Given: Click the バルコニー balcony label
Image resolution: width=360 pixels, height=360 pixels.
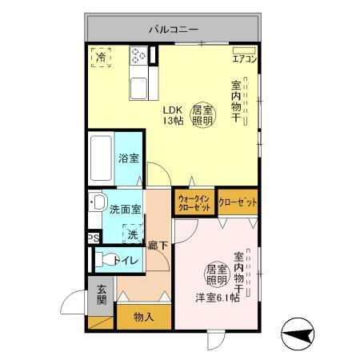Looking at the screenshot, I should click(172, 30).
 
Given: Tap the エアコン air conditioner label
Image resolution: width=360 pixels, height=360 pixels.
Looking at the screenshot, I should click(243, 58).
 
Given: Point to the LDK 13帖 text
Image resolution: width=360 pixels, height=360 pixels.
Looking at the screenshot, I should click(173, 115).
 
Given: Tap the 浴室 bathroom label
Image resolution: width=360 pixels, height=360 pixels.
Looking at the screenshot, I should click(128, 158).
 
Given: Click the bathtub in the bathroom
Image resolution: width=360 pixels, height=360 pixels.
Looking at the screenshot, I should click(101, 158).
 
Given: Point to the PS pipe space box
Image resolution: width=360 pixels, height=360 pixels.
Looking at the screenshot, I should click(94, 238).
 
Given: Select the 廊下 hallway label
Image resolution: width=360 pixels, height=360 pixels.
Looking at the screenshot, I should click(157, 246).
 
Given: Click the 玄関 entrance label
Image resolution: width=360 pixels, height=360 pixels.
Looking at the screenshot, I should click(102, 295).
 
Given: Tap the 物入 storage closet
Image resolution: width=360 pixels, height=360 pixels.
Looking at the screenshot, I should click(144, 317).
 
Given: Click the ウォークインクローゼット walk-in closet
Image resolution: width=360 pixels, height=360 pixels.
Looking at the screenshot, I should click(194, 202).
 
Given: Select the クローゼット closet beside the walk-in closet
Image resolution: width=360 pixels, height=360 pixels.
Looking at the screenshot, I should click(237, 202).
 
